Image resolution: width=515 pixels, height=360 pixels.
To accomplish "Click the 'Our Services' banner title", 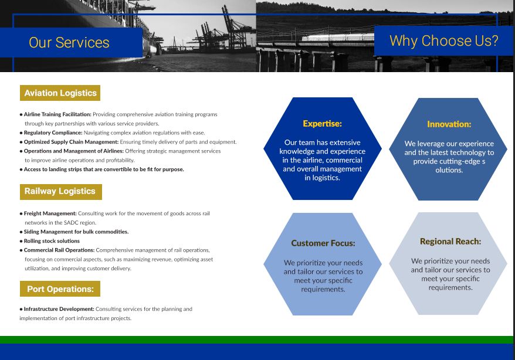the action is click(x=69, y=43).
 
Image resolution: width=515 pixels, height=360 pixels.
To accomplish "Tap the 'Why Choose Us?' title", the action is click(x=443, y=40).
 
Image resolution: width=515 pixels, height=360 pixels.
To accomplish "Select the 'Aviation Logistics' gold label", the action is click(x=60, y=93).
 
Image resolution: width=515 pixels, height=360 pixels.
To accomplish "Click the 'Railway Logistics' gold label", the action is click(x=61, y=192).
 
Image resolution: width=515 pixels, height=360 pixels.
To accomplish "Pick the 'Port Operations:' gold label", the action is click(x=60, y=289).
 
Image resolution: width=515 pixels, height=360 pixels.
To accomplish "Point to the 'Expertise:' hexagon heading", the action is click(x=322, y=124).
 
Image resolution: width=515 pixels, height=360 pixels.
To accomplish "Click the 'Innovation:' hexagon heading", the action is click(x=449, y=124).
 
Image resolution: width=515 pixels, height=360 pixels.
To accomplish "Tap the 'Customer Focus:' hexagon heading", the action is click(x=323, y=243).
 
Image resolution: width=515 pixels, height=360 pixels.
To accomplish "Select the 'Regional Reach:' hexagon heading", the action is click(x=450, y=242).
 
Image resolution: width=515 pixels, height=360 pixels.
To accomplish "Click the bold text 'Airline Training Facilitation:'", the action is click(x=57, y=114).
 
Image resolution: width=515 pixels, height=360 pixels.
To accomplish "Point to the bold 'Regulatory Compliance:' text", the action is click(x=53, y=133).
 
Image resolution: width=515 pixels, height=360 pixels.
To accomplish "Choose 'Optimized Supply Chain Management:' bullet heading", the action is click(x=72, y=142).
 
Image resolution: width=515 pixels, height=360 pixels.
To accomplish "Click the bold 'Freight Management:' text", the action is click(x=50, y=213).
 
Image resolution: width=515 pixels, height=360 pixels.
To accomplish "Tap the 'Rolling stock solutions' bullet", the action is click(x=52, y=241).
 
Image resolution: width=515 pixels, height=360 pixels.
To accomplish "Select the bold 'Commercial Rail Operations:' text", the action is click(x=59, y=250).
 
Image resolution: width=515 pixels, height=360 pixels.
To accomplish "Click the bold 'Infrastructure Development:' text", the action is click(x=59, y=309).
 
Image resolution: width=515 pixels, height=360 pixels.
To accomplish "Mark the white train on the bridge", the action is click(x=338, y=38).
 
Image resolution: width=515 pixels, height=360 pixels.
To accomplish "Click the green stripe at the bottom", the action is click(x=256, y=339).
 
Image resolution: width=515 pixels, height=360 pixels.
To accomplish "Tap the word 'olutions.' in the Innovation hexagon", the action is click(x=449, y=170).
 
